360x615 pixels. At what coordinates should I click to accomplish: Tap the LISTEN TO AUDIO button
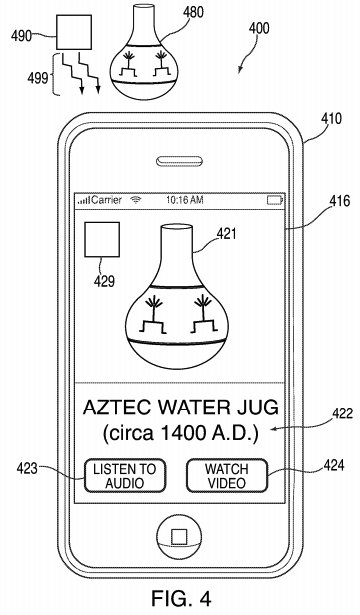pyautogui.click(x=124, y=476)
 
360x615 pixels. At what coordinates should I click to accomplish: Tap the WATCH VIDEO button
pyautogui.click(x=227, y=476)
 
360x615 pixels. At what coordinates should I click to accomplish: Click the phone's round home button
pyautogui.click(x=179, y=536)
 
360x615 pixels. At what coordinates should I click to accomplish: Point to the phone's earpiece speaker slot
pyautogui.click(x=180, y=161)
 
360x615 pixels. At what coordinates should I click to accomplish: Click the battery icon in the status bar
pyautogui.click(x=275, y=200)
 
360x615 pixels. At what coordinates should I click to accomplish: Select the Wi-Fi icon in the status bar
pyautogui.click(x=136, y=200)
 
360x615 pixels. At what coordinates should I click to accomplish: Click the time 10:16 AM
pyautogui.click(x=184, y=200)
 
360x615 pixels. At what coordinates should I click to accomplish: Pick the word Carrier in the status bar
pyautogui.click(x=106, y=200)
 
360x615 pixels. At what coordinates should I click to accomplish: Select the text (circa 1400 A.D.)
pyautogui.click(x=181, y=433)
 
